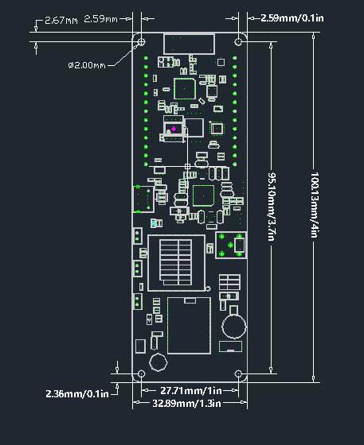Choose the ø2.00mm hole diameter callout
pos(88,64)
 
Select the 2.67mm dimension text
pos(61,19)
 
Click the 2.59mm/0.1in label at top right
pos(292,17)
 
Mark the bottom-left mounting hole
pos(141,373)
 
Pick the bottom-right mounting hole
pos(238,373)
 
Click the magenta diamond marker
pos(174,127)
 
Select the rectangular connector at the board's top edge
pos(190,43)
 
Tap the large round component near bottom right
pos(233,324)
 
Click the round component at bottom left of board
pos(158,362)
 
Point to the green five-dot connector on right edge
pos(230,246)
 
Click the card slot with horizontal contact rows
pos(177,262)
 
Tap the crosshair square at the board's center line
pos(188,165)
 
